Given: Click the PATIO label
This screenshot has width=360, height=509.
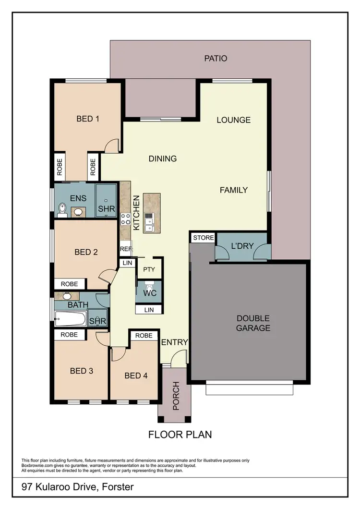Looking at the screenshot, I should pyautogui.click(x=216, y=59).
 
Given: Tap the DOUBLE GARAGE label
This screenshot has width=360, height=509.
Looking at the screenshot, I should pyautogui.click(x=253, y=323).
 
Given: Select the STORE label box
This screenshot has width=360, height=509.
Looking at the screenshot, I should pyautogui.click(x=203, y=238).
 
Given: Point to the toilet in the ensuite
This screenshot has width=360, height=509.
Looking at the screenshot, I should pyautogui.click(x=62, y=208).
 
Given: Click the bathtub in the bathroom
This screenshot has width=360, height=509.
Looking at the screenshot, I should pyautogui.click(x=70, y=318).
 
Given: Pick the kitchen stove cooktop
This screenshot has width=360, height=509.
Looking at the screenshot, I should pyautogui.click(x=125, y=219).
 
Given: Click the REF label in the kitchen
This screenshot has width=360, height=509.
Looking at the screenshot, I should pyautogui.click(x=125, y=249).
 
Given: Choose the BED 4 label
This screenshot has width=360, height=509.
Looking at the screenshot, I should pyautogui.click(x=136, y=376).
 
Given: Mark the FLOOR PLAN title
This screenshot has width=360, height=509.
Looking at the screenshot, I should pyautogui.click(x=180, y=435).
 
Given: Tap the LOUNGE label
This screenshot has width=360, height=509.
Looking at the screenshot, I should pyautogui.click(x=233, y=120).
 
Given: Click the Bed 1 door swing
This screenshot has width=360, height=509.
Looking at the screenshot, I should pyautogui.click(x=111, y=145).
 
